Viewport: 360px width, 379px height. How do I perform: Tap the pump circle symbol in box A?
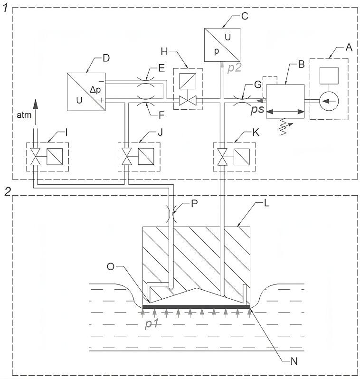click(328, 101)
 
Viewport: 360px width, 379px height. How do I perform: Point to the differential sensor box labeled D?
click(85, 91)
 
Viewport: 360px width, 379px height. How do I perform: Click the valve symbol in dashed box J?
click(126, 156)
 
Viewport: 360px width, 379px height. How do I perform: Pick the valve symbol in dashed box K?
click(222, 156)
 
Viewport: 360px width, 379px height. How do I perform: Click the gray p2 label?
click(235, 68)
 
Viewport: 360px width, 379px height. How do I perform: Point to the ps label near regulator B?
click(257, 110)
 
